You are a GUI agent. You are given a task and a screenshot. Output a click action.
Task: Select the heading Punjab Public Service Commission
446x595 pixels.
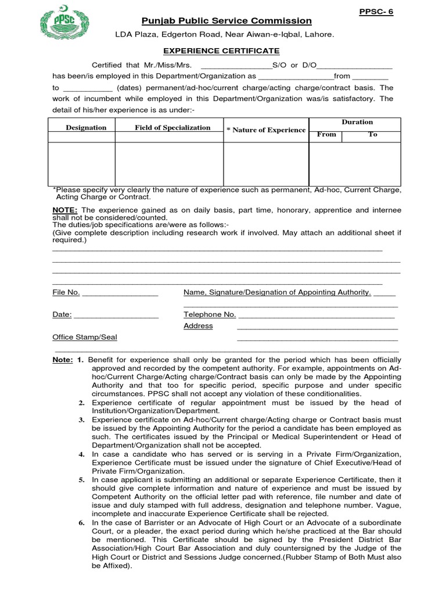tap(227, 21)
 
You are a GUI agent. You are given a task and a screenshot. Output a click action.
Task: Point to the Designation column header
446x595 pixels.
tap(86, 127)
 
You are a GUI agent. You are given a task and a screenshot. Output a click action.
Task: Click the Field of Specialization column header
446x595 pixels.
tap(172, 127)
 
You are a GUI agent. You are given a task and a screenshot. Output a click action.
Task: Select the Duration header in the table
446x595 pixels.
tap(357, 122)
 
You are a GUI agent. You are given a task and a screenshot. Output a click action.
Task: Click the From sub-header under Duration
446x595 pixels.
tap(326, 134)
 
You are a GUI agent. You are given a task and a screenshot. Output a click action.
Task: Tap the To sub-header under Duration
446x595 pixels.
tap(373, 134)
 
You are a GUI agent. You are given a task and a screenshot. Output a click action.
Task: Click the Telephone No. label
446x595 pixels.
tap(210, 314)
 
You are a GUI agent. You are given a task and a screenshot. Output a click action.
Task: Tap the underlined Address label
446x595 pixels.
tap(198, 326)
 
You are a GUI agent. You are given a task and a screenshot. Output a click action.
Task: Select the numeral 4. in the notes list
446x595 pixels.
tap(82, 454)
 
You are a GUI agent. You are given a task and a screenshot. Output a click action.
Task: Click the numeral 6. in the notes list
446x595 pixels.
tap(82, 523)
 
